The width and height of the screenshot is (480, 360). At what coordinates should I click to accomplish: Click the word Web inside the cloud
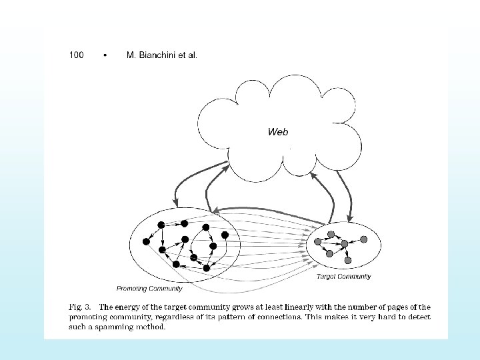(x=278, y=132)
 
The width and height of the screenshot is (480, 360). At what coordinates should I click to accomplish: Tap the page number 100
(x=77, y=55)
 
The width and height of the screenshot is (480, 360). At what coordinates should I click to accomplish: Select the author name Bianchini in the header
(x=157, y=55)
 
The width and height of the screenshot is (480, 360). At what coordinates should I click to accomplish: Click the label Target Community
(x=343, y=276)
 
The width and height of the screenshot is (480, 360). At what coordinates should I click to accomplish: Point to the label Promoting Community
(x=149, y=289)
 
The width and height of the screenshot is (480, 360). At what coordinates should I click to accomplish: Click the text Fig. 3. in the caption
(x=82, y=307)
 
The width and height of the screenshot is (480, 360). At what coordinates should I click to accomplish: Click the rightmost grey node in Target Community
(x=363, y=239)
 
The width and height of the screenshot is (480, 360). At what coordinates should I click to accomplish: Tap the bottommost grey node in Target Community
(x=347, y=260)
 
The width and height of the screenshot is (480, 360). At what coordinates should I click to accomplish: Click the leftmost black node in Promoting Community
(x=146, y=241)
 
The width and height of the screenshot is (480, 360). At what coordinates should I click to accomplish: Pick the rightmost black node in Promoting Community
(x=225, y=235)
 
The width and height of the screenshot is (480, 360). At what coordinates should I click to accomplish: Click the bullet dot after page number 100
(x=105, y=55)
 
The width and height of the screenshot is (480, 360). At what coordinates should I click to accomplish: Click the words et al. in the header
(x=188, y=55)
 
